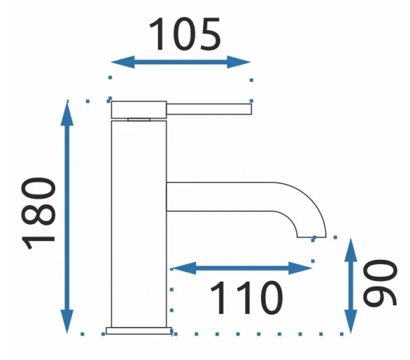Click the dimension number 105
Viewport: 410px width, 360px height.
tap(185, 34)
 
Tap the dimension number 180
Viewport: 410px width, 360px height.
tap(38, 213)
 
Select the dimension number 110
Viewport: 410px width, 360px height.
tap(246, 298)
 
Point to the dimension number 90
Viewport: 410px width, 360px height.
tap(380, 282)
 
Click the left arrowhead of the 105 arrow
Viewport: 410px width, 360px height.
tap(122, 62)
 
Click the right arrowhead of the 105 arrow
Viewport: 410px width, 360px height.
tap(239, 62)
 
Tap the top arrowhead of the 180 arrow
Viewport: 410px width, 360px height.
tap(67, 113)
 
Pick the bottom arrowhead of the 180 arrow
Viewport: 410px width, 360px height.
tap(67, 321)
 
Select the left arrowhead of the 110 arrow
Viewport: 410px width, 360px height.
tap(184, 268)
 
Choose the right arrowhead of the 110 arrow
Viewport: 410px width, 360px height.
tap(300, 268)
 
